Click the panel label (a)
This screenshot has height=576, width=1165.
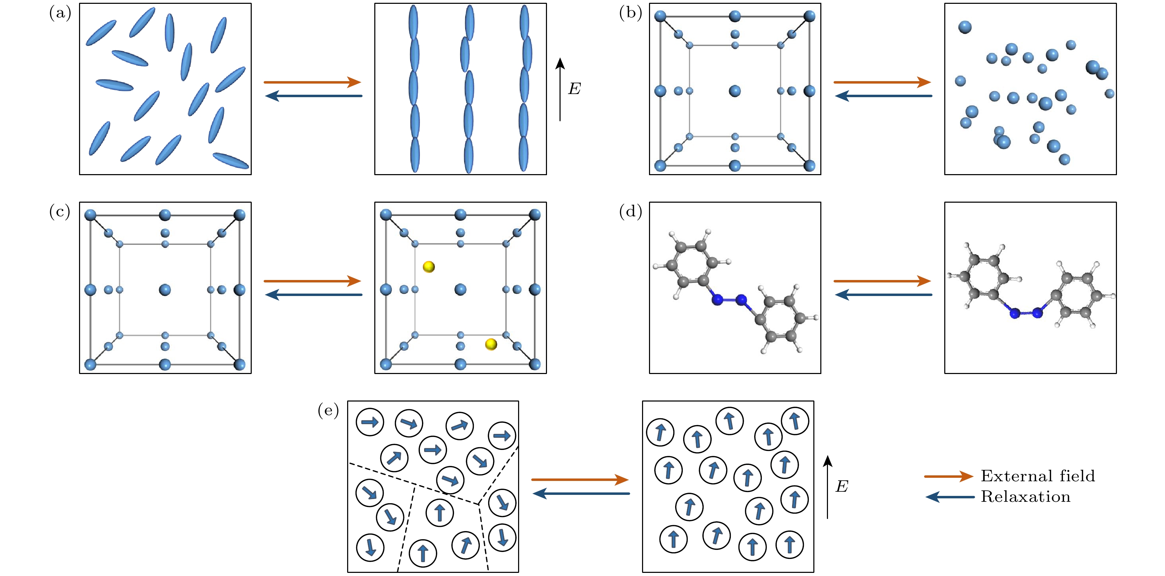click(x=60, y=14)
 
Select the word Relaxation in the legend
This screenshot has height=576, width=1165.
click(x=1025, y=497)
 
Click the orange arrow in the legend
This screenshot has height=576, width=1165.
click(x=948, y=476)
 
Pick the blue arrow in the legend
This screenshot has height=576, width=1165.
click(x=950, y=497)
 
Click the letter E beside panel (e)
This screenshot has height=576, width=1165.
click(x=842, y=487)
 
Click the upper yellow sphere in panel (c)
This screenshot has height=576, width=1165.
click(x=429, y=267)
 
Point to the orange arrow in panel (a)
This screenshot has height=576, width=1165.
click(x=312, y=82)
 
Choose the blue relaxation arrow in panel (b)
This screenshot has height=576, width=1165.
click(x=883, y=96)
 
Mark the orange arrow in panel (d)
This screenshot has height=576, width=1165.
click(x=882, y=281)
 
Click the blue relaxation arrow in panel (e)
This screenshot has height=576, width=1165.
click(x=581, y=493)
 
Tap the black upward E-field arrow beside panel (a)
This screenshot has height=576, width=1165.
click(x=560, y=89)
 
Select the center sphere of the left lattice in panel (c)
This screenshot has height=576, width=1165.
click(x=165, y=290)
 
